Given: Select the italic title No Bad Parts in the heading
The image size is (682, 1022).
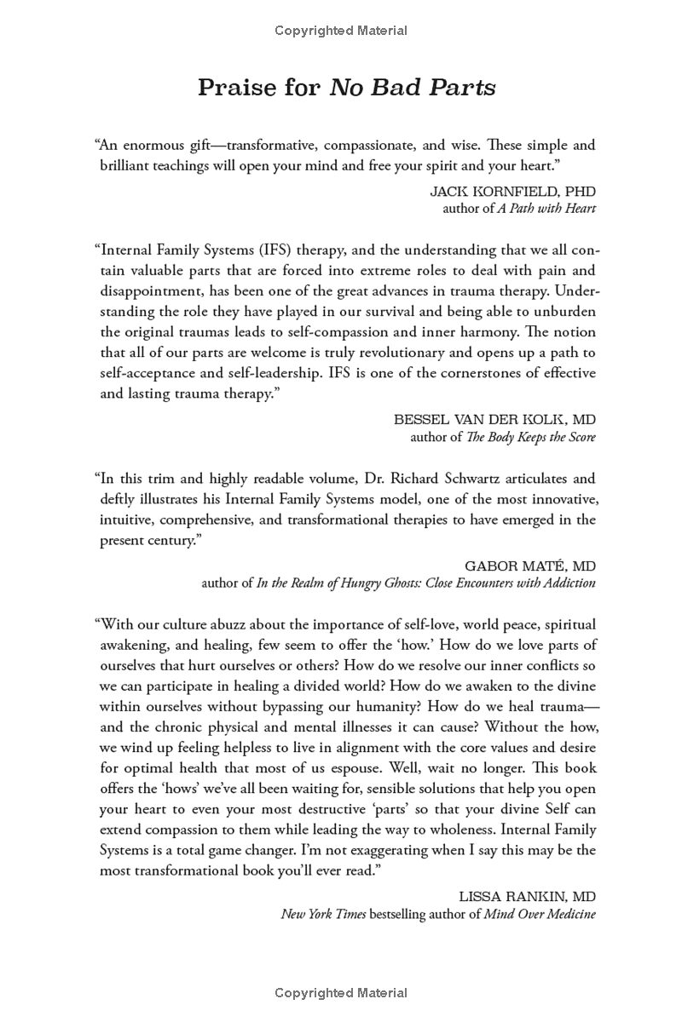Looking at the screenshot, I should [x=413, y=87].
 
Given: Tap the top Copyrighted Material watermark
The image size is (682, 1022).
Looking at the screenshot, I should [x=341, y=31].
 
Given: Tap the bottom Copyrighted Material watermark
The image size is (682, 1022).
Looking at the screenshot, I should [x=341, y=992].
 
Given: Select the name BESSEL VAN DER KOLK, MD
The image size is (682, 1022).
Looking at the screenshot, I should [x=494, y=420].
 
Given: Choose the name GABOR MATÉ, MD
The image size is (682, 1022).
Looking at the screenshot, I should [x=530, y=566].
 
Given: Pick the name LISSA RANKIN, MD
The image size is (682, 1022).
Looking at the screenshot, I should [x=527, y=897].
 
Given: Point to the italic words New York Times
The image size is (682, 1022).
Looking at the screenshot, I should [x=324, y=914].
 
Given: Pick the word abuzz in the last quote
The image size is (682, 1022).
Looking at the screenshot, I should [x=229, y=624].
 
